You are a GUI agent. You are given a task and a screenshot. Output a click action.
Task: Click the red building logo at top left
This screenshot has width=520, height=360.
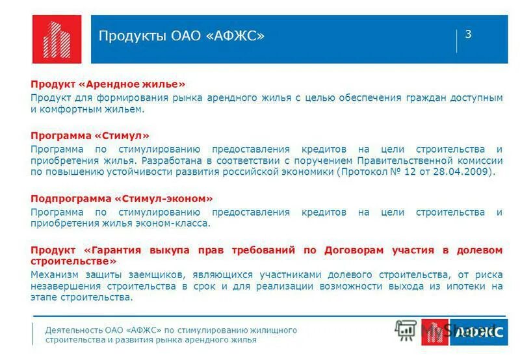pos(57,39)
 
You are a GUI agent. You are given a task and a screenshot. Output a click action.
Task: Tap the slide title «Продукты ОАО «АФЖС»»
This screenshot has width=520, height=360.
pos(181,36)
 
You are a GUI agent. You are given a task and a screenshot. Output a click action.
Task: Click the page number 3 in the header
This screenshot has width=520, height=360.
pos(468,34)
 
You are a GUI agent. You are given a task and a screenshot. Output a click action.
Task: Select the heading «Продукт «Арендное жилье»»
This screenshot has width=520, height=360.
pos(108,84)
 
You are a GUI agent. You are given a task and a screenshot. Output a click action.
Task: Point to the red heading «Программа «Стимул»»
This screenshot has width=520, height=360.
pos(90,136)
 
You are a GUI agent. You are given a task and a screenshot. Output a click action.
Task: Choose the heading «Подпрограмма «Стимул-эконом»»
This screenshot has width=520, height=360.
pos(122,198)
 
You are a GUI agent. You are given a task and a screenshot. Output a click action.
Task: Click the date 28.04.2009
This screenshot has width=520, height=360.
pos(469,172)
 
